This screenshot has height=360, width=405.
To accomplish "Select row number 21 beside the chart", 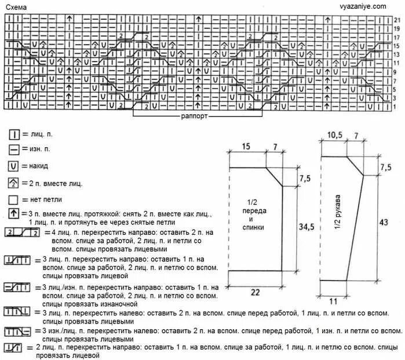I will point(397,19).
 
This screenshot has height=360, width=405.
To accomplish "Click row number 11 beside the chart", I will point(397,63).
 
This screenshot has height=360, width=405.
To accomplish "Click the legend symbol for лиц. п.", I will point(15,134).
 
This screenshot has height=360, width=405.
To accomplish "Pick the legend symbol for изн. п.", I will point(15,150).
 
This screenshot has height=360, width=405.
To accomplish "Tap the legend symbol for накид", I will point(15,166).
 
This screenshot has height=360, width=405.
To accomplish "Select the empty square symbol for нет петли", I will point(15,200).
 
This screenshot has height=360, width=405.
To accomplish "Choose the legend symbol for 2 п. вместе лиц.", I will point(15,183).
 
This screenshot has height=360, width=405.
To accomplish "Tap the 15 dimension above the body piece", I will point(246,147).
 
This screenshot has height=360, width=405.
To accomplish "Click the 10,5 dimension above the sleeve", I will point(335,135).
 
